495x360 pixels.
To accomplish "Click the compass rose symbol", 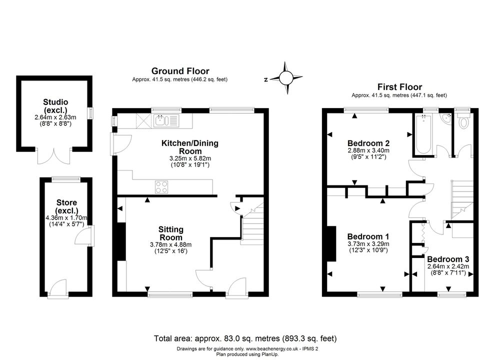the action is [x=286, y=77].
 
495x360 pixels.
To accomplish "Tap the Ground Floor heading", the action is [x=180, y=71].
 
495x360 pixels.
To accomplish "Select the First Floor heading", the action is [x=399, y=87].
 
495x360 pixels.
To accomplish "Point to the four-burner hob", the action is [x=161, y=186].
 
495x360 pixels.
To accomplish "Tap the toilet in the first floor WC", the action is [x=463, y=122].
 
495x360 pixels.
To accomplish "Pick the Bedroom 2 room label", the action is [x=368, y=143].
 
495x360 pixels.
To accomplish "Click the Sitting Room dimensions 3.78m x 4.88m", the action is [x=171, y=244].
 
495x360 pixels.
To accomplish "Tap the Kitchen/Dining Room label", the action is [x=189, y=147].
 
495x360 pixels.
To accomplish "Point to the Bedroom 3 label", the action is [x=448, y=259].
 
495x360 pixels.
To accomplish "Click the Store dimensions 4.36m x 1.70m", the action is [x=66, y=218].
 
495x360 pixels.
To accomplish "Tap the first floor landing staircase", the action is [x=462, y=199].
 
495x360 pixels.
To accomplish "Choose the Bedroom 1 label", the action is [x=368, y=236].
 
